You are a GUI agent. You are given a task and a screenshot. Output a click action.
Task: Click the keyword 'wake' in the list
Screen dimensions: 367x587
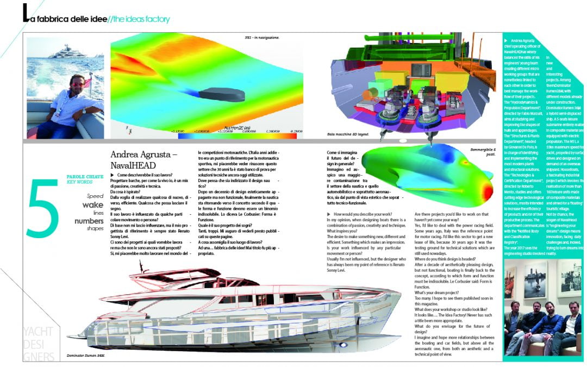[x=92, y=205]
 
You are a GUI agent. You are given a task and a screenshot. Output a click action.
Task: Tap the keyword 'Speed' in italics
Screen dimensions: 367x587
[x=95, y=196]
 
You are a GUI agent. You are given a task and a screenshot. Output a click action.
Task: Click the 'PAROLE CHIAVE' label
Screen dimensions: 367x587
[x=82, y=177]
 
